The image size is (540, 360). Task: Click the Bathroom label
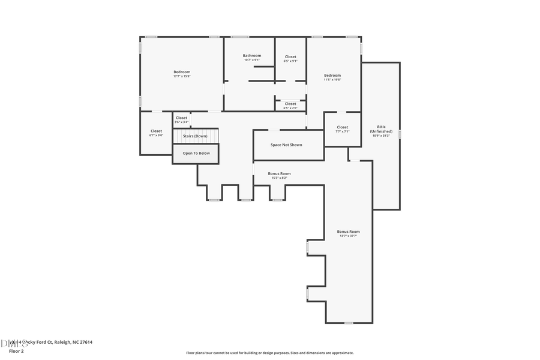pos(252,56)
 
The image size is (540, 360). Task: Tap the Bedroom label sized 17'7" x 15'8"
pos(182,72)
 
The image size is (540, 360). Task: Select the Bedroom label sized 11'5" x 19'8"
pos(332,76)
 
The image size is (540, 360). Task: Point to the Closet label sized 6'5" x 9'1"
pos(290,57)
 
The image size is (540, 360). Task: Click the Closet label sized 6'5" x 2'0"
pos(290,104)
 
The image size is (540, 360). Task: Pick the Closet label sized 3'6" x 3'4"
pos(181,118)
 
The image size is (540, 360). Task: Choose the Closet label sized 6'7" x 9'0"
pos(156,131)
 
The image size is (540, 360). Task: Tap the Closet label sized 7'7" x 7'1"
pos(343,127)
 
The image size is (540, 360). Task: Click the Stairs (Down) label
pos(196,136)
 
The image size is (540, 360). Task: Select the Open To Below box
pos(196,154)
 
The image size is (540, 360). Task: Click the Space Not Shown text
pos(286,145)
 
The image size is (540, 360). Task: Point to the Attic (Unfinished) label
pos(381,129)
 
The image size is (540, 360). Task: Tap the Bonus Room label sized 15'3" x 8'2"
pos(280,173)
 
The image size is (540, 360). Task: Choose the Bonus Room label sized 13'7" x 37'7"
pos(348,232)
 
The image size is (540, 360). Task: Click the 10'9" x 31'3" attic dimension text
pos(381,136)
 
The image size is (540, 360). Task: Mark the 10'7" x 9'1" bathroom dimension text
pos(252,60)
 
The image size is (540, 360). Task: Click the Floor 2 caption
pos(16,351)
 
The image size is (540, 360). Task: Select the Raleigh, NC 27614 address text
pos(73,342)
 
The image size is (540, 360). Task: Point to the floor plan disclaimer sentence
pos(269,353)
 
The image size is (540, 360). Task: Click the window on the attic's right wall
pos(400,134)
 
